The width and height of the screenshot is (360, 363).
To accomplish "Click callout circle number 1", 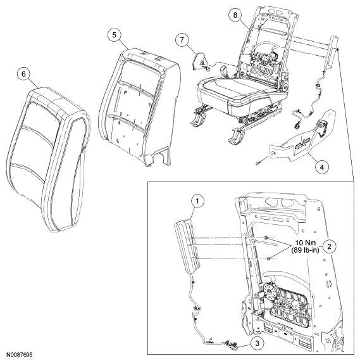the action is (197, 202).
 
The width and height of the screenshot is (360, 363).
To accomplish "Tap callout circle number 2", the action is (329, 246).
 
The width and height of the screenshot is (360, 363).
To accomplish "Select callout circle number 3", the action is (258, 343).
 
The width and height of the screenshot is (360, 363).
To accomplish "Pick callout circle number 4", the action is (322, 167).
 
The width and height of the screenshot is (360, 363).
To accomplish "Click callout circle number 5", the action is (115, 35).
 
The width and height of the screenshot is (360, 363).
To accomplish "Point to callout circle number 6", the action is (24, 74).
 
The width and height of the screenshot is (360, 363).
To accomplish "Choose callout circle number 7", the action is (182, 40).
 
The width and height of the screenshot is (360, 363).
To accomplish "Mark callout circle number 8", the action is (235, 15).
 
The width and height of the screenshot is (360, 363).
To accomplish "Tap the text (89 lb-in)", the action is (305, 250).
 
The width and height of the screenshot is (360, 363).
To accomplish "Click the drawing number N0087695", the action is (19, 355).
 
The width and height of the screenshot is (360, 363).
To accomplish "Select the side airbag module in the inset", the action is (187, 247).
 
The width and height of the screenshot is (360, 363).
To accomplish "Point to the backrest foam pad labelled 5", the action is (139, 106).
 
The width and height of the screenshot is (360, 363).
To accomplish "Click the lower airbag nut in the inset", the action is (269, 258).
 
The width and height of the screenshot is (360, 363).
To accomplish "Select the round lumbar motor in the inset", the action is (269, 291).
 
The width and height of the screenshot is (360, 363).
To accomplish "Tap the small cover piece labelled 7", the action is (199, 61).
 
